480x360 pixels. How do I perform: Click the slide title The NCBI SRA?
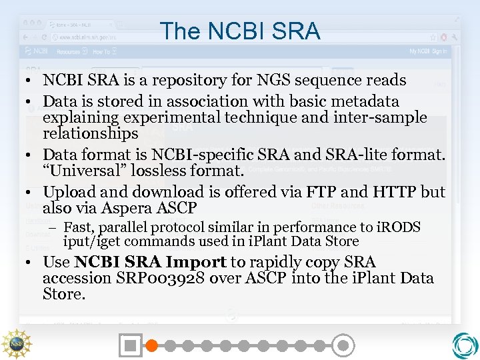pyautogui.click(x=240, y=31)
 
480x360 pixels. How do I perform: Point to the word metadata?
pyautogui.click(x=364, y=102)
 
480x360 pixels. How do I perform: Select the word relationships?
pyautogui.click(x=90, y=133)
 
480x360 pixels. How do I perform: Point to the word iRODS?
pyautogui.click(x=399, y=227)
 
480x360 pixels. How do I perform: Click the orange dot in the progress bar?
pyautogui.click(x=151, y=345)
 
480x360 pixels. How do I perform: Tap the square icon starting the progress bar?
pyautogui.click(x=131, y=345)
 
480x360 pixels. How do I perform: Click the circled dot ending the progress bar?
pyautogui.click(x=343, y=345)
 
